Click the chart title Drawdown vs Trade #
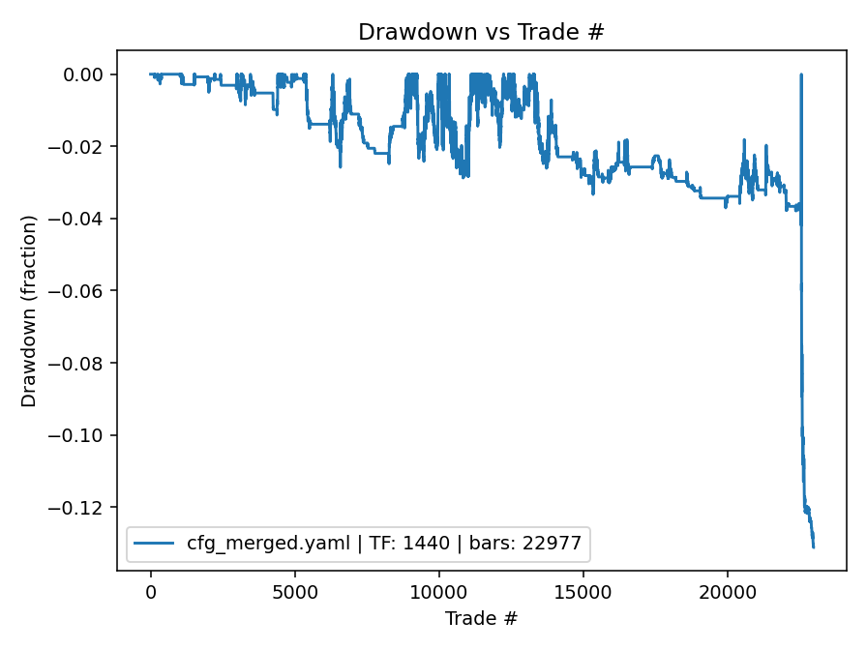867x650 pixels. tap(481, 32)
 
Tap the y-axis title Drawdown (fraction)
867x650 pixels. tap(29, 311)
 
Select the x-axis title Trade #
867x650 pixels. tap(481, 618)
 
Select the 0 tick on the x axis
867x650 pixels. tap(151, 591)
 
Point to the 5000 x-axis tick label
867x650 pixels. tap(295, 591)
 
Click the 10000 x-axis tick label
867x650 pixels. tap(439, 591)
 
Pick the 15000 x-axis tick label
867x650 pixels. tap(583, 591)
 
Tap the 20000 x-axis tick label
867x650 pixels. tap(728, 591)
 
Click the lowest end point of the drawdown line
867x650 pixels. tap(814, 547)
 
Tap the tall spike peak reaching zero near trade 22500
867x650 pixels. tap(800, 74)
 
